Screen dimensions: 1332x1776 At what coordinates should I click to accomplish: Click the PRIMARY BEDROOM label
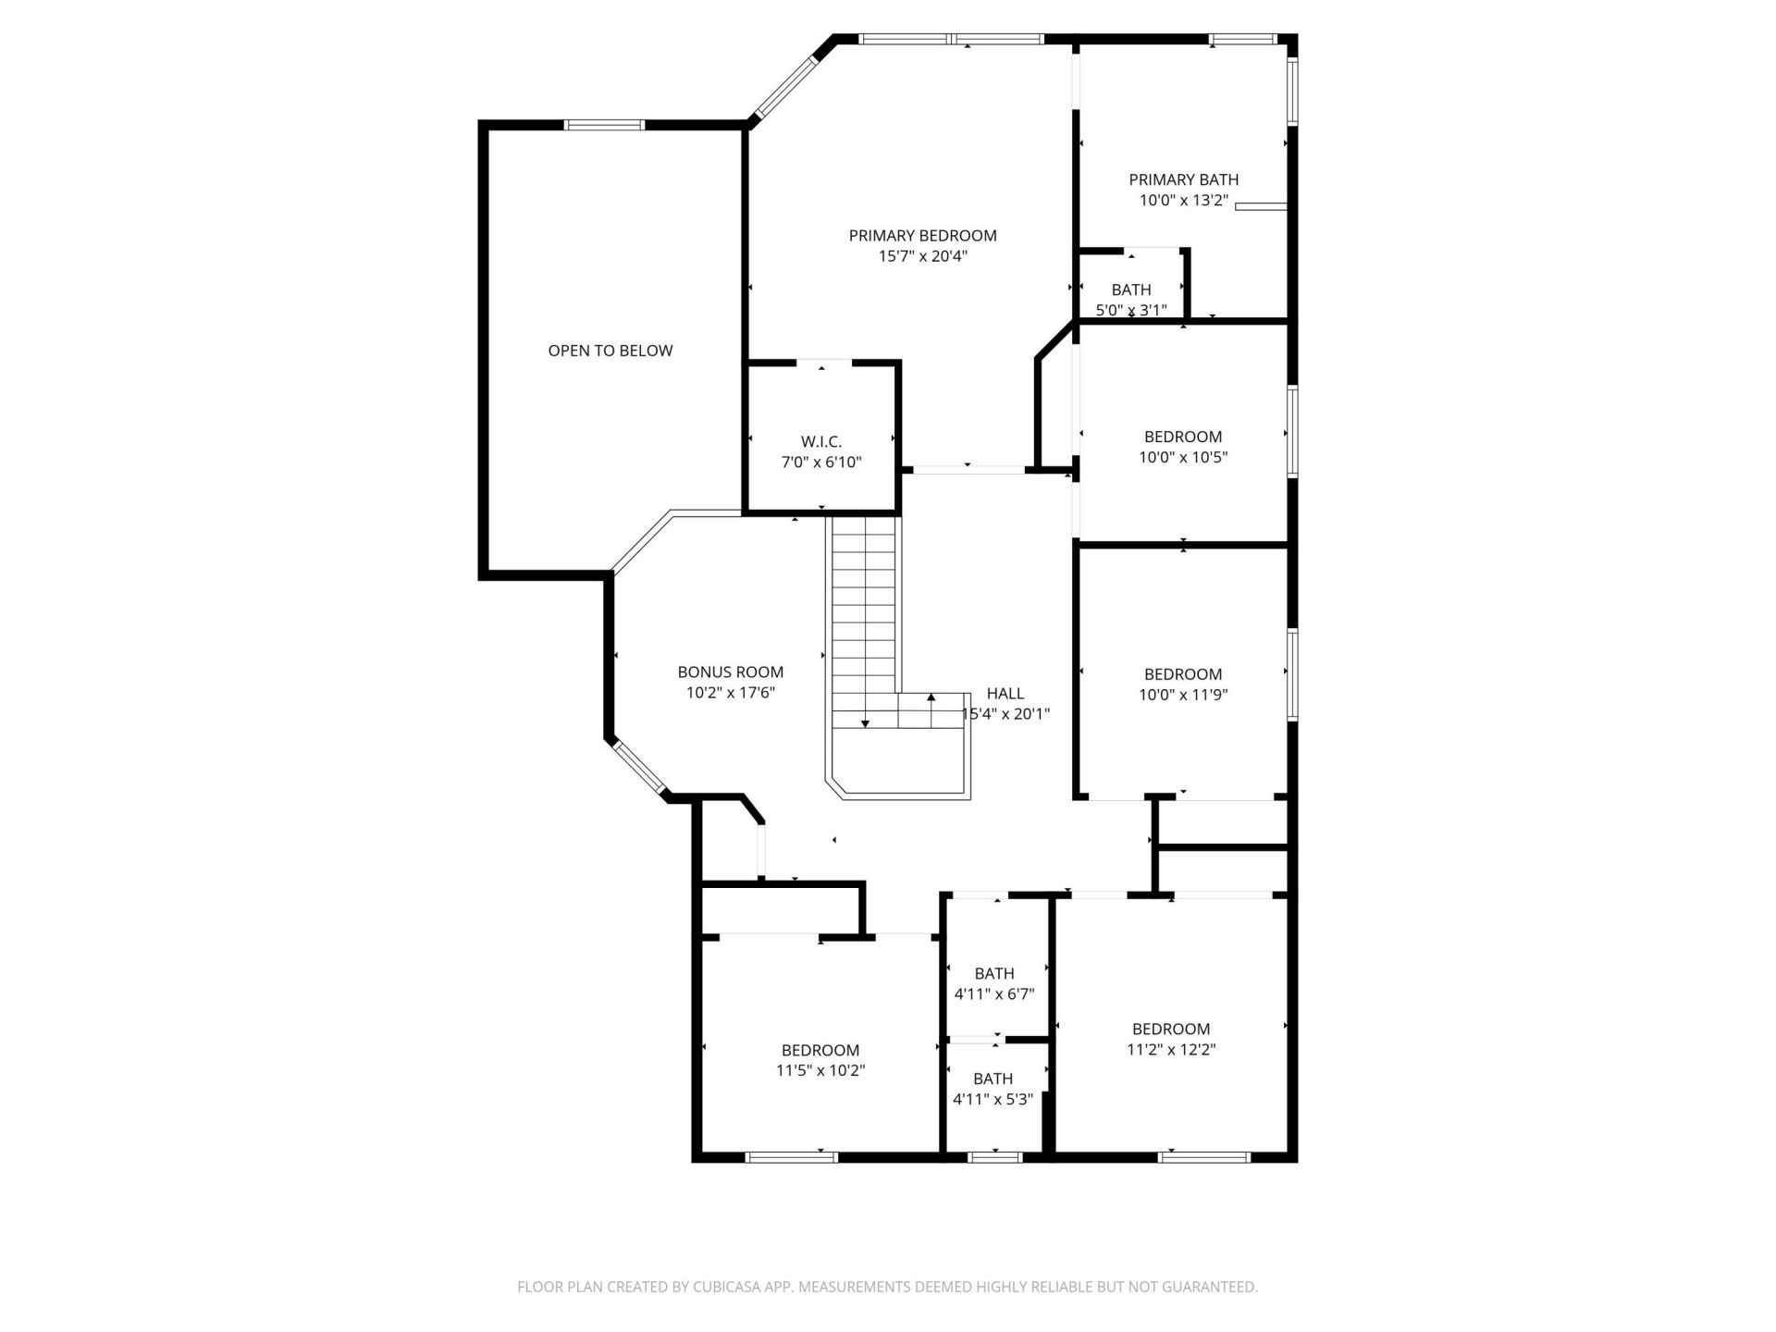tap(922, 236)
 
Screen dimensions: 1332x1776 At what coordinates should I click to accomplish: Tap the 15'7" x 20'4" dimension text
tap(922, 256)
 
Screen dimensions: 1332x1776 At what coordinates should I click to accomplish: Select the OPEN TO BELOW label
tap(610, 351)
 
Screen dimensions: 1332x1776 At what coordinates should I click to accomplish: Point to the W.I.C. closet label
tap(821, 442)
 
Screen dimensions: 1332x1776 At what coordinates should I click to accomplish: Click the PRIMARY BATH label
tap(1183, 179)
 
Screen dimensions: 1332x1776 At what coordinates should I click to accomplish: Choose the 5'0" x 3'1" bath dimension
tap(1130, 311)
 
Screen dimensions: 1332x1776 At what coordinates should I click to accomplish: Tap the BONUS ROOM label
tap(730, 672)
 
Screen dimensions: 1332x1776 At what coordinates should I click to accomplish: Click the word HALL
tap(1005, 693)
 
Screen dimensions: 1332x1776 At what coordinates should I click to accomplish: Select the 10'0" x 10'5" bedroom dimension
tap(1182, 457)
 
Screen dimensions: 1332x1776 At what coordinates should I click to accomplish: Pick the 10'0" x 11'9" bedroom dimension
tap(1182, 695)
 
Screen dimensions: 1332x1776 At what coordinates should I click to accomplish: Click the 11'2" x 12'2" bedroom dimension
tap(1170, 1049)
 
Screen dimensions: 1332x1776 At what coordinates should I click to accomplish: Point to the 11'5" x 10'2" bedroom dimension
tap(820, 1070)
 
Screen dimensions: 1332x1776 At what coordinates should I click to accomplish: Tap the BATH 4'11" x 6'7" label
tap(993, 974)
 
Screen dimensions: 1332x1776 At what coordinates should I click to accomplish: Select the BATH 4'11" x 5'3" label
tap(993, 1079)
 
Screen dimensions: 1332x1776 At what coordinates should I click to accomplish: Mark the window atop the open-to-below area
tap(604, 125)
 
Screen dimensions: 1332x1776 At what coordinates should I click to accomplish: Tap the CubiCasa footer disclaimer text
tap(887, 1287)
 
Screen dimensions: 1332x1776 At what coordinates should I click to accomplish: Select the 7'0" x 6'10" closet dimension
tap(821, 462)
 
